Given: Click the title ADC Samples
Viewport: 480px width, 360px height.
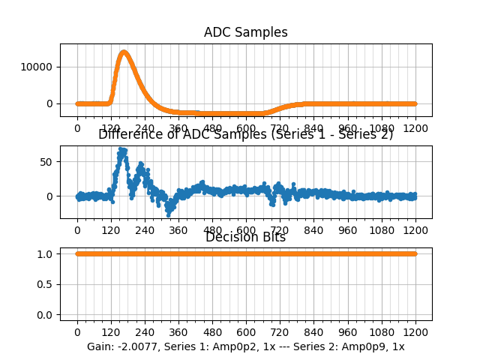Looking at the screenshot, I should pos(245,32).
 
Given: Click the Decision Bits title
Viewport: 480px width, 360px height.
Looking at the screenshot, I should pos(245,237).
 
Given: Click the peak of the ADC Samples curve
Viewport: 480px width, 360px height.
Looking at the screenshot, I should pos(124,52).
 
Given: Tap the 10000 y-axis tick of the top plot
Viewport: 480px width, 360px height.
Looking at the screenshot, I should pos(39,67).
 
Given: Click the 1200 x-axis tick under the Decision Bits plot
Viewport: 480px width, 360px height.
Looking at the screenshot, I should pos(415,331).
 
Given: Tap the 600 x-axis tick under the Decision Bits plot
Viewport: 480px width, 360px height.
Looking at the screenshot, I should pos(246,331).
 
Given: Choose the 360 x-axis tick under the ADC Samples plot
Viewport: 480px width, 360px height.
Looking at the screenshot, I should pos(178,128).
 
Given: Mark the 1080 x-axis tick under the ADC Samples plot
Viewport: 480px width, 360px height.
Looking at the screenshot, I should pos(382,128).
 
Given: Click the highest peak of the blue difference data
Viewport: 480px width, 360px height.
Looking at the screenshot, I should pos(121,150).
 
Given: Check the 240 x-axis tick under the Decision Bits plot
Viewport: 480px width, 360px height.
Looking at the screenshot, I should pos(145,331).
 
